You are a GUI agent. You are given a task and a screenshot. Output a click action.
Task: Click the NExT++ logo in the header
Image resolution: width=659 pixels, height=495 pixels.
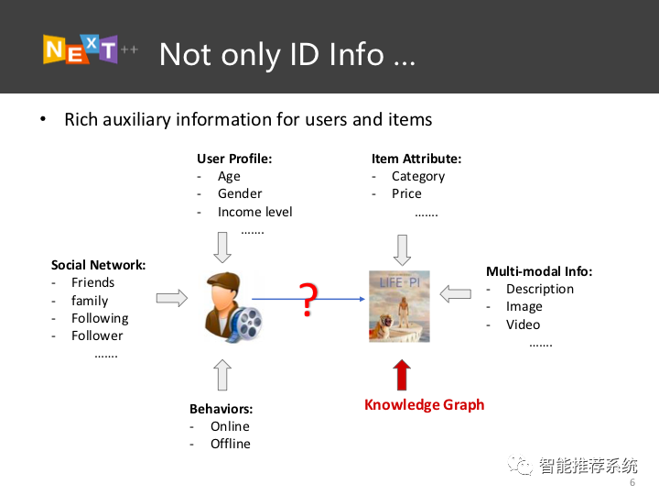point(91,49)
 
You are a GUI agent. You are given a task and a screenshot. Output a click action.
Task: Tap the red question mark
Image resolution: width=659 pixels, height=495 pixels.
point(308,300)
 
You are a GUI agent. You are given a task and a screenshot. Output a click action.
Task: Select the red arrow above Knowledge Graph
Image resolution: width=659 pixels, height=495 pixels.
point(402,375)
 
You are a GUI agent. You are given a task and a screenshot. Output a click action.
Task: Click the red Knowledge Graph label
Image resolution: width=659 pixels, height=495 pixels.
point(424,404)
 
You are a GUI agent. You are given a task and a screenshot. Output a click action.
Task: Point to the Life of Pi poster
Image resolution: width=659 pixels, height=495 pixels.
point(399,306)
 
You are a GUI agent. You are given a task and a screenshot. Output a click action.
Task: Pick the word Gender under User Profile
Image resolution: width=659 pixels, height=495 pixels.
point(240,193)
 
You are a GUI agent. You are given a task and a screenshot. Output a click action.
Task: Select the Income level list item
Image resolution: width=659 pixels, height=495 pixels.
point(254,212)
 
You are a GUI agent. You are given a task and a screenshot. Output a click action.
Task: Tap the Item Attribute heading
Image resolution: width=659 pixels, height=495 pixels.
point(416,159)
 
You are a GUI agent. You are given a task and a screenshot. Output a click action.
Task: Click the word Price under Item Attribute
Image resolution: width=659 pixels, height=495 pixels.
point(406,193)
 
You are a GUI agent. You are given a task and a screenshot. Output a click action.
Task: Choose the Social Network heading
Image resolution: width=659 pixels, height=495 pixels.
point(98,265)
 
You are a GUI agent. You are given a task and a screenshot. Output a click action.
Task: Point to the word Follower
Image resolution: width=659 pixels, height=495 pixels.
point(97,335)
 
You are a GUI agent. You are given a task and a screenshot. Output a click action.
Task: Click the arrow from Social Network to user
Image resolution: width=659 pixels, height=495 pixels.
point(172,298)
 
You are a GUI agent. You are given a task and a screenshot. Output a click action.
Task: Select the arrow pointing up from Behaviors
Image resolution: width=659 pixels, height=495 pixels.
point(222,375)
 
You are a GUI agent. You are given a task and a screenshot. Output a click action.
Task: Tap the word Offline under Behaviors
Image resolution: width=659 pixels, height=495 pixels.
point(231,444)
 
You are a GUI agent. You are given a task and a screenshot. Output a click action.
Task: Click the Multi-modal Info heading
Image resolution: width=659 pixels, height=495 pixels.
point(539,271)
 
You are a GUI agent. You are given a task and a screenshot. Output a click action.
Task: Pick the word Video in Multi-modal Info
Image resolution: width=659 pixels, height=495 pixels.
point(523,324)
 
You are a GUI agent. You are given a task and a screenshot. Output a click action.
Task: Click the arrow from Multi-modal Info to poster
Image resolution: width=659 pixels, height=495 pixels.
point(455,294)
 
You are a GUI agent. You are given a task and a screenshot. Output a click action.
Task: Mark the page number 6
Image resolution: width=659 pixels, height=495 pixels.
point(632,482)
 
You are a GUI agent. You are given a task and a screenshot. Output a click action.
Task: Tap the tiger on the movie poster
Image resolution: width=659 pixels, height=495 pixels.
point(381,326)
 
